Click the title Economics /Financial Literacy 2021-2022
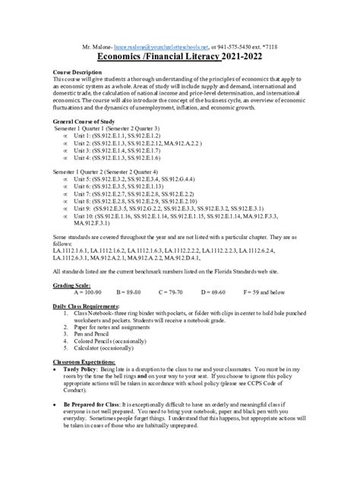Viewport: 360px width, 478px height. tap(179, 58)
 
